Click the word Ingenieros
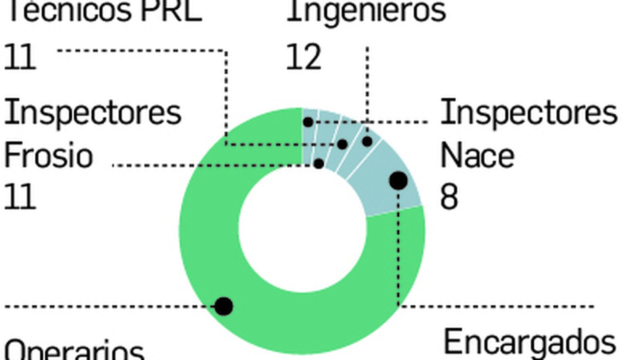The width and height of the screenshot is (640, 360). click(x=366, y=11)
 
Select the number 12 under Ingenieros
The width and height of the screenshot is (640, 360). click(x=304, y=57)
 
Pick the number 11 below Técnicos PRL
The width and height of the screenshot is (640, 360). click(x=20, y=57)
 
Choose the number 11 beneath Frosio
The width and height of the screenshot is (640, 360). click(x=20, y=197)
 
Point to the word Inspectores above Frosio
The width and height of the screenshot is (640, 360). click(x=92, y=113)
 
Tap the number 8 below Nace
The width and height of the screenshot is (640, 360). click(x=449, y=197)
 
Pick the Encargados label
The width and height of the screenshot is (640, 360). click(x=530, y=342)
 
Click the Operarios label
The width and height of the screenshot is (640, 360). click(x=74, y=350)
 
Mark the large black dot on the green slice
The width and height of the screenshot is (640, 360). click(x=224, y=306)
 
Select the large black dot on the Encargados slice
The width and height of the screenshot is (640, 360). click(x=398, y=181)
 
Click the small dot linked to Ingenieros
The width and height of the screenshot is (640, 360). click(x=367, y=141)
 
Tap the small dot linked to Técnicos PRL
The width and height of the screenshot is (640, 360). click(x=342, y=144)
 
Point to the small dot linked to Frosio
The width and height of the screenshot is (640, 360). click(x=319, y=164)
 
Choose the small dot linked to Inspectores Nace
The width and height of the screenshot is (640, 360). click(x=308, y=122)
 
